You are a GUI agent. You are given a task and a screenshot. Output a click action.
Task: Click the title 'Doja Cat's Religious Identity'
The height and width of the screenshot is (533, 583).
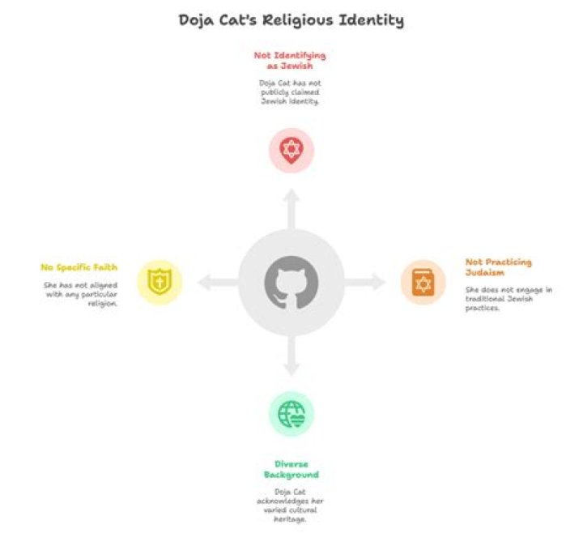291,21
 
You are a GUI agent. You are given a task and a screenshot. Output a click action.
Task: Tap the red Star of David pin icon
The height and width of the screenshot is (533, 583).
291,151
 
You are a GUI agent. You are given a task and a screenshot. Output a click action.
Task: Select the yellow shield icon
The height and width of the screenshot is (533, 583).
160,282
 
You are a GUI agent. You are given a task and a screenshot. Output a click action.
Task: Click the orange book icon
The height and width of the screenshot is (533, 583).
423,283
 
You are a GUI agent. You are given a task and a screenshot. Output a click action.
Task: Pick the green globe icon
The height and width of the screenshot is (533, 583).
291,414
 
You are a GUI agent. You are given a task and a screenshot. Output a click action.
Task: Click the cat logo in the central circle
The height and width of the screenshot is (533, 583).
291,283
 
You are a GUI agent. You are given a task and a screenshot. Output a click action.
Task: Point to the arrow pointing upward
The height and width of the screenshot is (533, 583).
291,209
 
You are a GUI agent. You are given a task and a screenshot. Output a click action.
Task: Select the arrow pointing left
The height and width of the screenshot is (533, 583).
218,283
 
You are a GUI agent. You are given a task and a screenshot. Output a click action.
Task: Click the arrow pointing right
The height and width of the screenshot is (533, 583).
364,282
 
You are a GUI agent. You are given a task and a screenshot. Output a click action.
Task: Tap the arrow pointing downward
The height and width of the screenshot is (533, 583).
291,356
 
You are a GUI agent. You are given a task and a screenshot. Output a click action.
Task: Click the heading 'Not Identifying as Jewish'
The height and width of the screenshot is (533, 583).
290,61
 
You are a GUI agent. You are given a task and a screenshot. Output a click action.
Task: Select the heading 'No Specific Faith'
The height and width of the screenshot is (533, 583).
79,267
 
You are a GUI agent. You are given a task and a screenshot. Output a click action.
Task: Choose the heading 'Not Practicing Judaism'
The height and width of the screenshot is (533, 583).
499,267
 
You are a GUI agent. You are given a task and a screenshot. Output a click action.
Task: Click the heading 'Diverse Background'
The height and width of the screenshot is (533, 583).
291,469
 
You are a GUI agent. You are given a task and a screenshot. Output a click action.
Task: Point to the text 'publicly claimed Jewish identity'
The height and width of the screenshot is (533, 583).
290,96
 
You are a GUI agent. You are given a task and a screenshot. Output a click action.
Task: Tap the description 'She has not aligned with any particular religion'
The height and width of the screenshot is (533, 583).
80,294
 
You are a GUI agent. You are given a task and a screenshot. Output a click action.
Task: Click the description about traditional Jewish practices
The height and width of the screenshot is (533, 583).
509,299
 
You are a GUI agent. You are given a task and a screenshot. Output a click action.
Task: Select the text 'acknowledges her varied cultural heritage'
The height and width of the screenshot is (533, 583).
290,510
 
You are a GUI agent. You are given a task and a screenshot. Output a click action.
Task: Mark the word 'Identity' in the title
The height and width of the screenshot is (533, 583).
372,21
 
